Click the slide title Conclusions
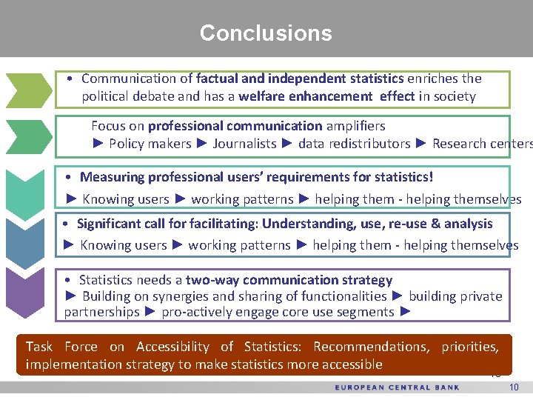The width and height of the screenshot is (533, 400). (x=266, y=33)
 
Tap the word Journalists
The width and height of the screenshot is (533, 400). (x=244, y=144)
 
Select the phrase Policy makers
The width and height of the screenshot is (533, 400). (x=150, y=144)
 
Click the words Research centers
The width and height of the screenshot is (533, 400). (x=481, y=144)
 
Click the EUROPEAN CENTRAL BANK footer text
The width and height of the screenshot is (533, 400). (x=397, y=387)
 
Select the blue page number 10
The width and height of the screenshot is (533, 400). (x=514, y=387)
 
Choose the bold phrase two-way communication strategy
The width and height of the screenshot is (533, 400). (x=289, y=280)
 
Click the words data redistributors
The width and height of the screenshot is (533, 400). (x=354, y=144)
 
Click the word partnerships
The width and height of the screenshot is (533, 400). (x=101, y=312)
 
